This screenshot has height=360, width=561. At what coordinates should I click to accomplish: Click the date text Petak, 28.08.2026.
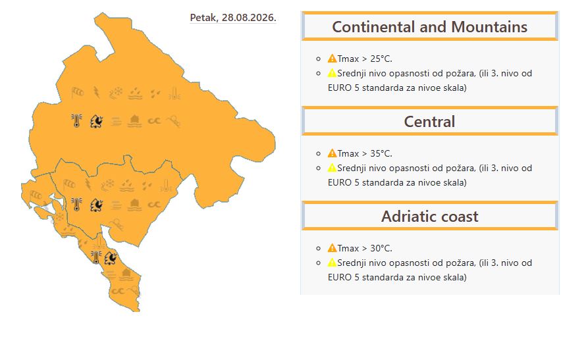233,18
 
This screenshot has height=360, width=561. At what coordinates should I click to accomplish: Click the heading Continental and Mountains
430,27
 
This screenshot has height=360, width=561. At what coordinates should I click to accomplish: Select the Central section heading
430,122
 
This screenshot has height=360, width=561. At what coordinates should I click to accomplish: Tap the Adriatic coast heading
430,217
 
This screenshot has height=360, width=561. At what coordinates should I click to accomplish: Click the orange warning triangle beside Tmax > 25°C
332,59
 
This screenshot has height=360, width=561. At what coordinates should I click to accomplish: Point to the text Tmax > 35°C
365,153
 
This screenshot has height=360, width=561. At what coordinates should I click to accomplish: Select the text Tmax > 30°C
365,248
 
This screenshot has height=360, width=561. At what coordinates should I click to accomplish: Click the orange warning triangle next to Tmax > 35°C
332,153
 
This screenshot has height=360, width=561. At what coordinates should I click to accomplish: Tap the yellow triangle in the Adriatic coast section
332,263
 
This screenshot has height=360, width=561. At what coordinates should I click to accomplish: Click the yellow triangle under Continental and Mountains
332,73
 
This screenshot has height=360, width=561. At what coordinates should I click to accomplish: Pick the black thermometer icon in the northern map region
76,120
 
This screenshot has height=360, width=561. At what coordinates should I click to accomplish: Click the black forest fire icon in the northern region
96,121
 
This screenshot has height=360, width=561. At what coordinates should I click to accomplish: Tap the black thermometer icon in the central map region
76,205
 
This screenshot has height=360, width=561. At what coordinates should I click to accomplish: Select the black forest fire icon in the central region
96,205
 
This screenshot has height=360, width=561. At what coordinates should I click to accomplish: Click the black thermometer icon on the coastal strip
96,257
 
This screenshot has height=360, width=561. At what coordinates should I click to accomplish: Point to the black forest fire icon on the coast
111,258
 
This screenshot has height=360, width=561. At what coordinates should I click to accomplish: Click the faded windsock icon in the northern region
77,93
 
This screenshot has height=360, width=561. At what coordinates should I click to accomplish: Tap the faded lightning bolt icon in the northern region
97,92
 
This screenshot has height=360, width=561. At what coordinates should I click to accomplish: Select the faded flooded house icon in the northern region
134,121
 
